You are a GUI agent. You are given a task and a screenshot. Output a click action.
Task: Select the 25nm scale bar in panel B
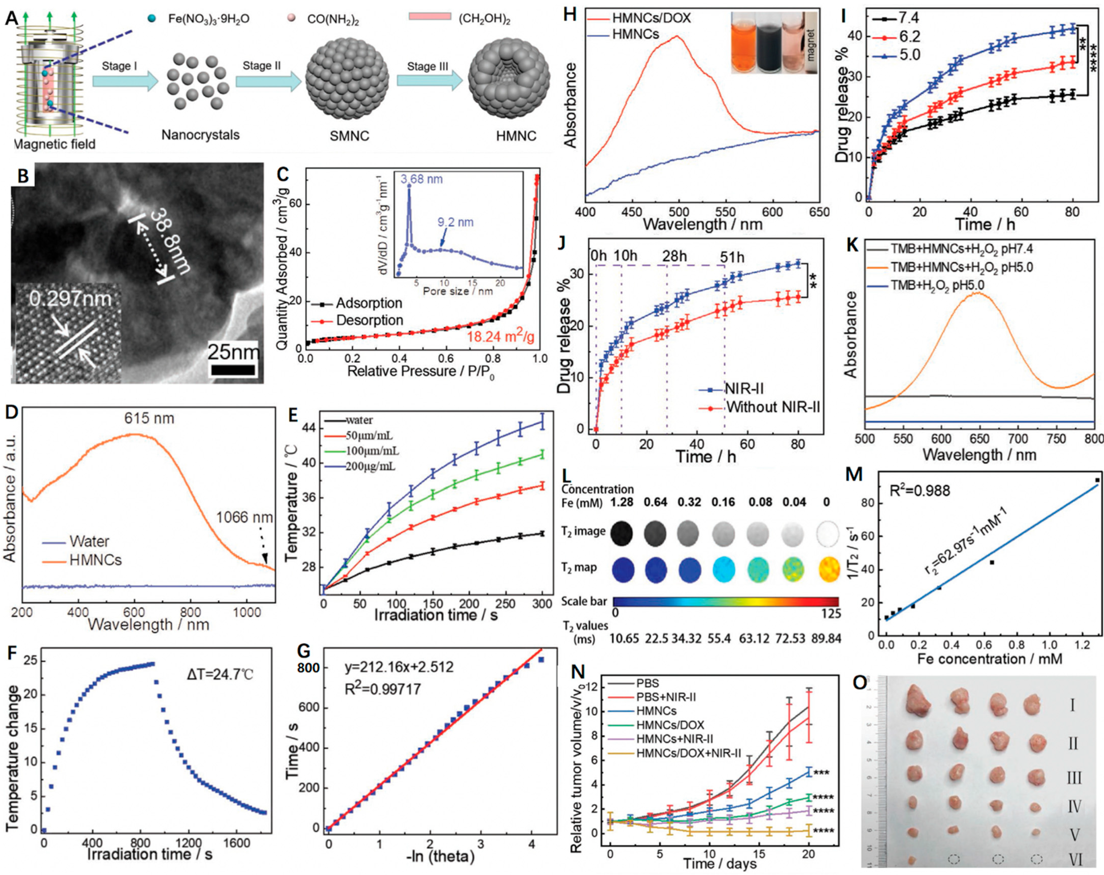point(233,370)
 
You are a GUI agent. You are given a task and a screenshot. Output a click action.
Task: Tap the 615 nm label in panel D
point(149,418)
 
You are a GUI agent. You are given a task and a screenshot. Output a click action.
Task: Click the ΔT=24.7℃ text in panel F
point(220,674)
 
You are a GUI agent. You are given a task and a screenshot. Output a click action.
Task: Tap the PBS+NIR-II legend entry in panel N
point(666,697)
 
